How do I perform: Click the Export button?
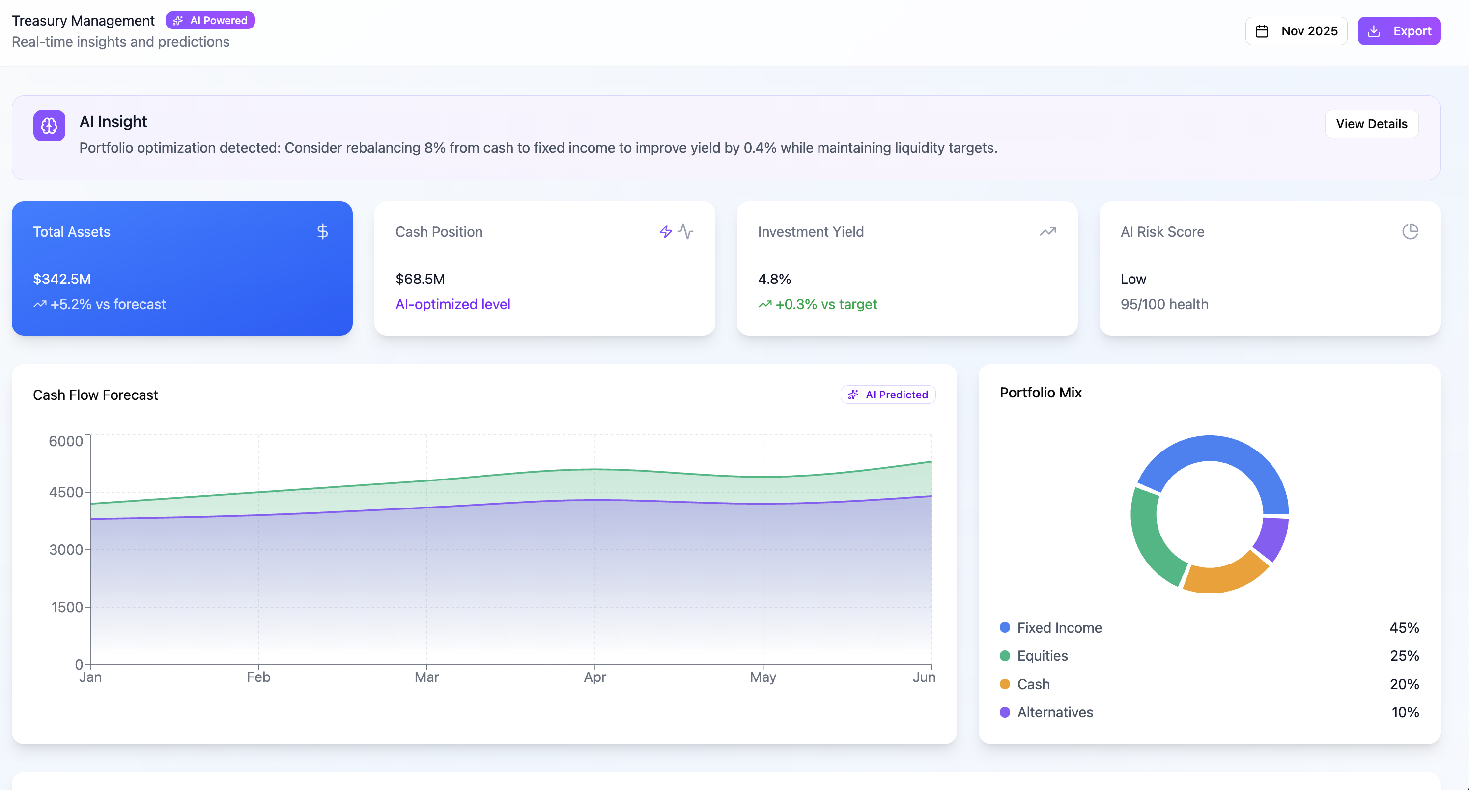coord(1398,31)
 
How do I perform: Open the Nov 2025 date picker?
coord(1296,31)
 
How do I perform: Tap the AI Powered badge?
coord(210,21)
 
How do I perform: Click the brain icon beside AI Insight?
coord(49,125)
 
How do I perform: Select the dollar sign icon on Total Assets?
coord(322,231)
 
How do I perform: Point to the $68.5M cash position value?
coord(420,279)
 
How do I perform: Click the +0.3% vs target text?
coord(825,304)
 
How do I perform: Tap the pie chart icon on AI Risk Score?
coord(1410,231)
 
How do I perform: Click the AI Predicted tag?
coord(888,395)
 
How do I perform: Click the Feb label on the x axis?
coord(258,677)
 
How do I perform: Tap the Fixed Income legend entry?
coord(1059,628)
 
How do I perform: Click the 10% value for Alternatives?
coord(1405,712)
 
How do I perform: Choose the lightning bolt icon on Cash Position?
coord(666,231)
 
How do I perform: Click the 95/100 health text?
coord(1164,304)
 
